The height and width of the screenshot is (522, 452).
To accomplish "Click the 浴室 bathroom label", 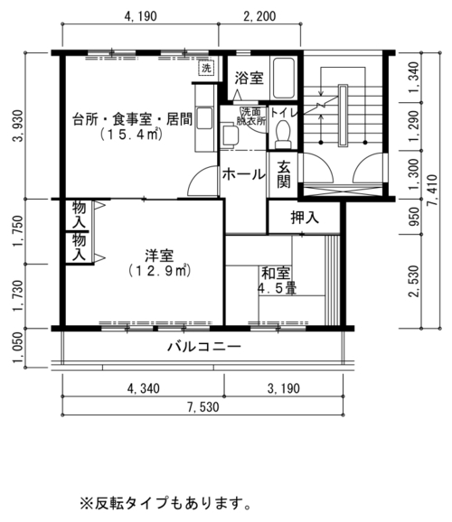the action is click(249, 78).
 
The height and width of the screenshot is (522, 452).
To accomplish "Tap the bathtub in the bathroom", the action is click(284, 78).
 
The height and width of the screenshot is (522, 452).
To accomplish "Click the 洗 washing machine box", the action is click(206, 69).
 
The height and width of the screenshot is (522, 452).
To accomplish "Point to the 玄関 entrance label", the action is click(284, 174).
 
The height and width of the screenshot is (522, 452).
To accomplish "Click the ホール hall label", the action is click(244, 174).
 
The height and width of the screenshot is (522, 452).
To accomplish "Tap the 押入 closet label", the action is click(305, 217).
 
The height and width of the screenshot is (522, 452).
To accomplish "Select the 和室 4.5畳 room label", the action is click(277, 281).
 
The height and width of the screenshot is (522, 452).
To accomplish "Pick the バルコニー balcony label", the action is click(204, 347).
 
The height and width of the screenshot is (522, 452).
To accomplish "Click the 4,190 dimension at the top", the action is click(140, 16).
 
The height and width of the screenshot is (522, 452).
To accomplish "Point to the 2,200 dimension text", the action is click(259, 16).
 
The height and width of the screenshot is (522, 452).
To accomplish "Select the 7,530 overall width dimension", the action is click(203, 406).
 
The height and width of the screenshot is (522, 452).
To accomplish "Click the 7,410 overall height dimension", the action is click(433, 190).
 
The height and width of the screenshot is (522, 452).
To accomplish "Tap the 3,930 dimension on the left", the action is click(18, 126).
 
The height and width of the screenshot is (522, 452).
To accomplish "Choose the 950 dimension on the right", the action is click(414, 217).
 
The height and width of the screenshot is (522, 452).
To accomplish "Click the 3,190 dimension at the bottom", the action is click(284, 388).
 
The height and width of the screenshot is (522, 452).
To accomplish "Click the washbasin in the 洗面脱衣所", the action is click(229, 135).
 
